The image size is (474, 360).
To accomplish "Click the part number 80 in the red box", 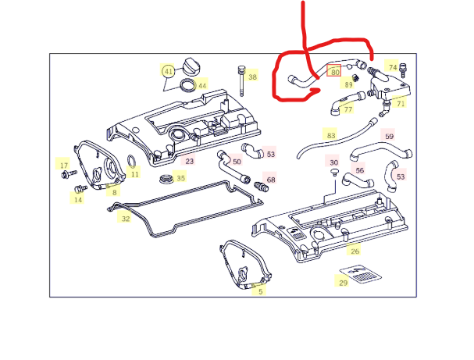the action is click(333, 72).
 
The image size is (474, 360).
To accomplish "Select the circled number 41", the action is click(168, 72).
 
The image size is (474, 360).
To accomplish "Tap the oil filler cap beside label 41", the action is click(191, 66).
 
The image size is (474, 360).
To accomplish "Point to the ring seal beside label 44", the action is click(187, 85).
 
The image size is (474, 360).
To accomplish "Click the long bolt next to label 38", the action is click(241, 80).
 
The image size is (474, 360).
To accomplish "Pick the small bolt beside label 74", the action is click(402, 70).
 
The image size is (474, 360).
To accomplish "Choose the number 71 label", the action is click(401, 104).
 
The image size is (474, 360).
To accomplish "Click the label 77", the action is click(348, 109).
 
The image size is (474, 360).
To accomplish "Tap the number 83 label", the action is click(331, 135).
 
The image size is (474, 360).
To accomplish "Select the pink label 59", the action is click(390, 137).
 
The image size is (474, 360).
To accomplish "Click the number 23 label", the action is click(189, 161).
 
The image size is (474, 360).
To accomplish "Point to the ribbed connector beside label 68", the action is click(261, 187).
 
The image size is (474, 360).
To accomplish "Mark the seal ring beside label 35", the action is click(166, 179).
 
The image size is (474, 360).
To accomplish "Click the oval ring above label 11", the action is click(132, 161).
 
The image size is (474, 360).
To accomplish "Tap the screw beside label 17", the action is click(69, 174).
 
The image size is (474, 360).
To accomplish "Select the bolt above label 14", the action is click(80, 189).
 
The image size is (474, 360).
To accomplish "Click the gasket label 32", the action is click(126, 219).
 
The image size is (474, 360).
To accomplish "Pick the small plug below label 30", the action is click(334, 173).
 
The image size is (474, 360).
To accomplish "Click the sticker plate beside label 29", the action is click(360, 274).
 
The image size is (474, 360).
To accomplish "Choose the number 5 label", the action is click(261, 291).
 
